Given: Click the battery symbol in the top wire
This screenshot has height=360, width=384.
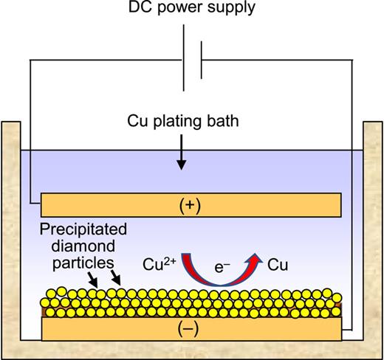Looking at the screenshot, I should click(191, 62).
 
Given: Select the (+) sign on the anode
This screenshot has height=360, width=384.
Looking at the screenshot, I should click(191, 202).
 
